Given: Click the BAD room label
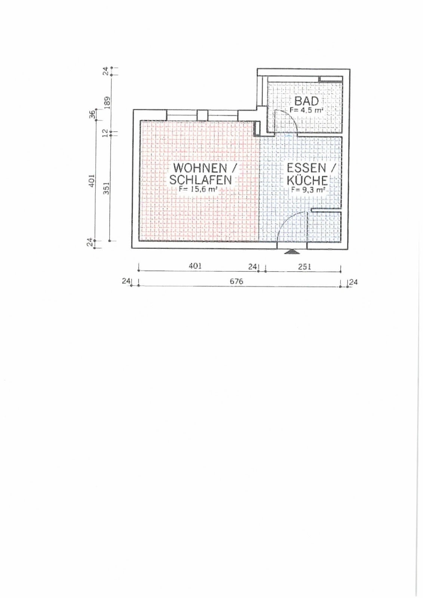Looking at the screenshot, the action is point(306,101).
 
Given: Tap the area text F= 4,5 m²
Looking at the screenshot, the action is point(307,110).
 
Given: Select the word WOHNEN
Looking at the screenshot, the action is point(200,168).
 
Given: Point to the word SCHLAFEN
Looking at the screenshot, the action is point(200,180).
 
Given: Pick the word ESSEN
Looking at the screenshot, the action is point(306,168).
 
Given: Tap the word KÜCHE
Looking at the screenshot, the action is point(307,181).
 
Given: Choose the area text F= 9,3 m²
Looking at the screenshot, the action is point(308,190).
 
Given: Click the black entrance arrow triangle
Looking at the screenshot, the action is point(292,252).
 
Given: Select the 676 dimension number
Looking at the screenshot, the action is point(236,281).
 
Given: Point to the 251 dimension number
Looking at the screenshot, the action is point(304,266).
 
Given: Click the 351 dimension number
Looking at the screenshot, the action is point(106,188).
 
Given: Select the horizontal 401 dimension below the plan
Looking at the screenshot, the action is point(195,266).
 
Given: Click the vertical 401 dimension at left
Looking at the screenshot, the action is point(92,181).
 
